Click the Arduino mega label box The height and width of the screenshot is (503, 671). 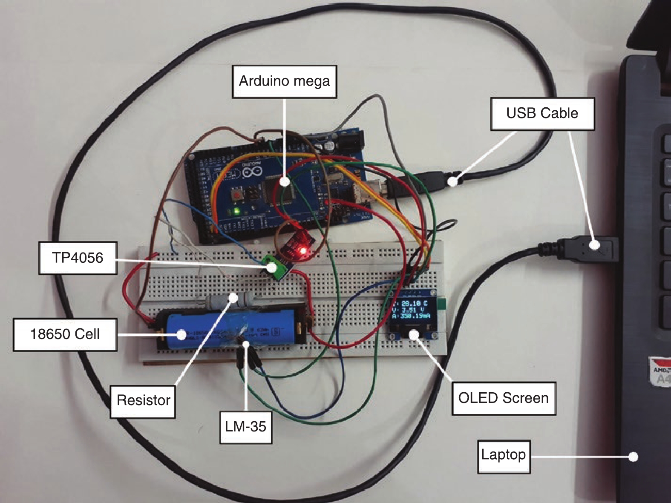tap(284, 81)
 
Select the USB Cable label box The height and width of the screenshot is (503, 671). tap(542, 113)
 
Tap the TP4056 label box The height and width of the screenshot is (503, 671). tap(78, 258)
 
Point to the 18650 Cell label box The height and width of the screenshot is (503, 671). tap(65, 334)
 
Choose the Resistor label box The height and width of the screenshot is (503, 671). tap(143, 401)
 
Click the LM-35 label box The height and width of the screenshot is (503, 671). tap(245, 427)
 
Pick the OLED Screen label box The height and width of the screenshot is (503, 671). tap(503, 398)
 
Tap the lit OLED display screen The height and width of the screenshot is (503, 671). tap(412, 310)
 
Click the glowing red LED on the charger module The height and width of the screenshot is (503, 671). tap(303, 251)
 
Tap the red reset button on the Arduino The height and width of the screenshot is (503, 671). tap(236, 195)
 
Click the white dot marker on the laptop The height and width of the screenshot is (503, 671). tap(634, 457)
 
